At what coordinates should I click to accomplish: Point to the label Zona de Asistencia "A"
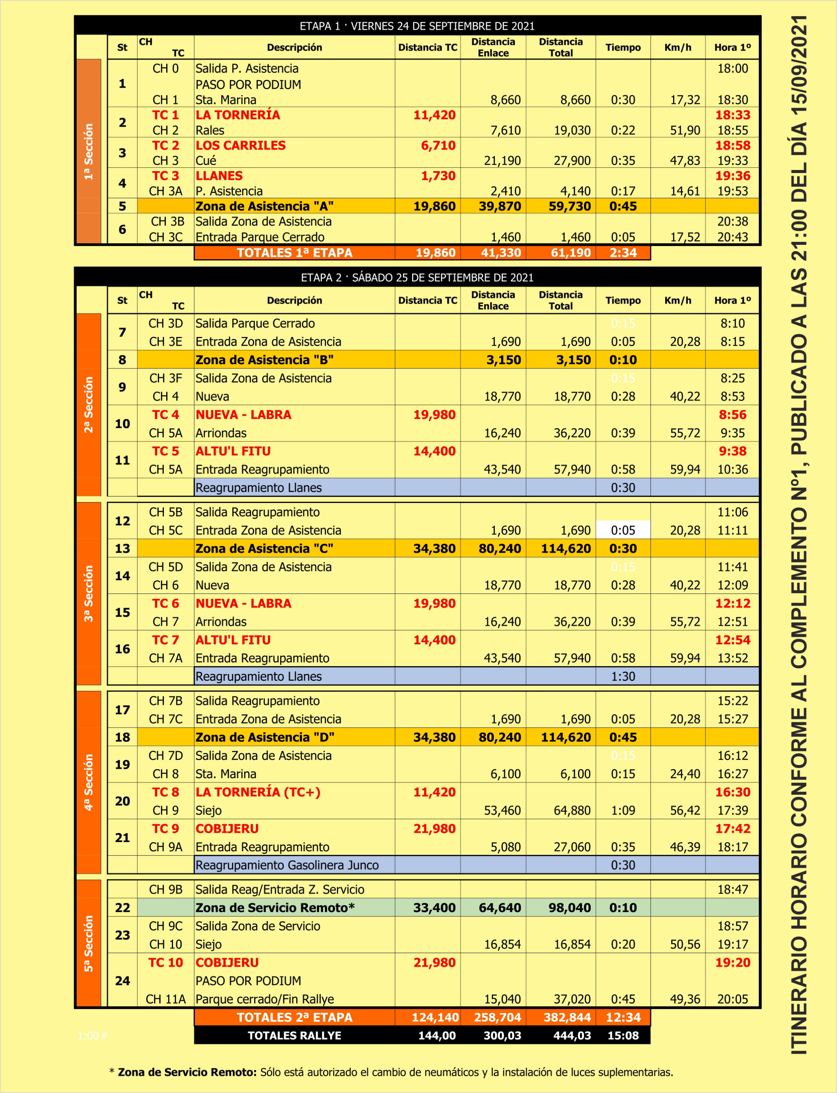coord(264,206)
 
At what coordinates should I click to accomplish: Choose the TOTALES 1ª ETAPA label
coord(295,253)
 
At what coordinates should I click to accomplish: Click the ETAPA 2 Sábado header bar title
coord(417,278)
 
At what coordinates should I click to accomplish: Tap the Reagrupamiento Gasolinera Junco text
coord(287,865)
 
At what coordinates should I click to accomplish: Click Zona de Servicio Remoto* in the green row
coord(275,907)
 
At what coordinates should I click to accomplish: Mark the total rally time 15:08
coord(623,1036)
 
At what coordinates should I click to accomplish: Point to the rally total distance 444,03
coord(572,1036)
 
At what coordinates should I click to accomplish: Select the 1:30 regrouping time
coord(623,676)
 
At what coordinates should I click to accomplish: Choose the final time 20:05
coord(732,999)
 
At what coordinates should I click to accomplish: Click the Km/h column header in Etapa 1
coord(678,47)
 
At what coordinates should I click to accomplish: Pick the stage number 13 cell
coord(122,548)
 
